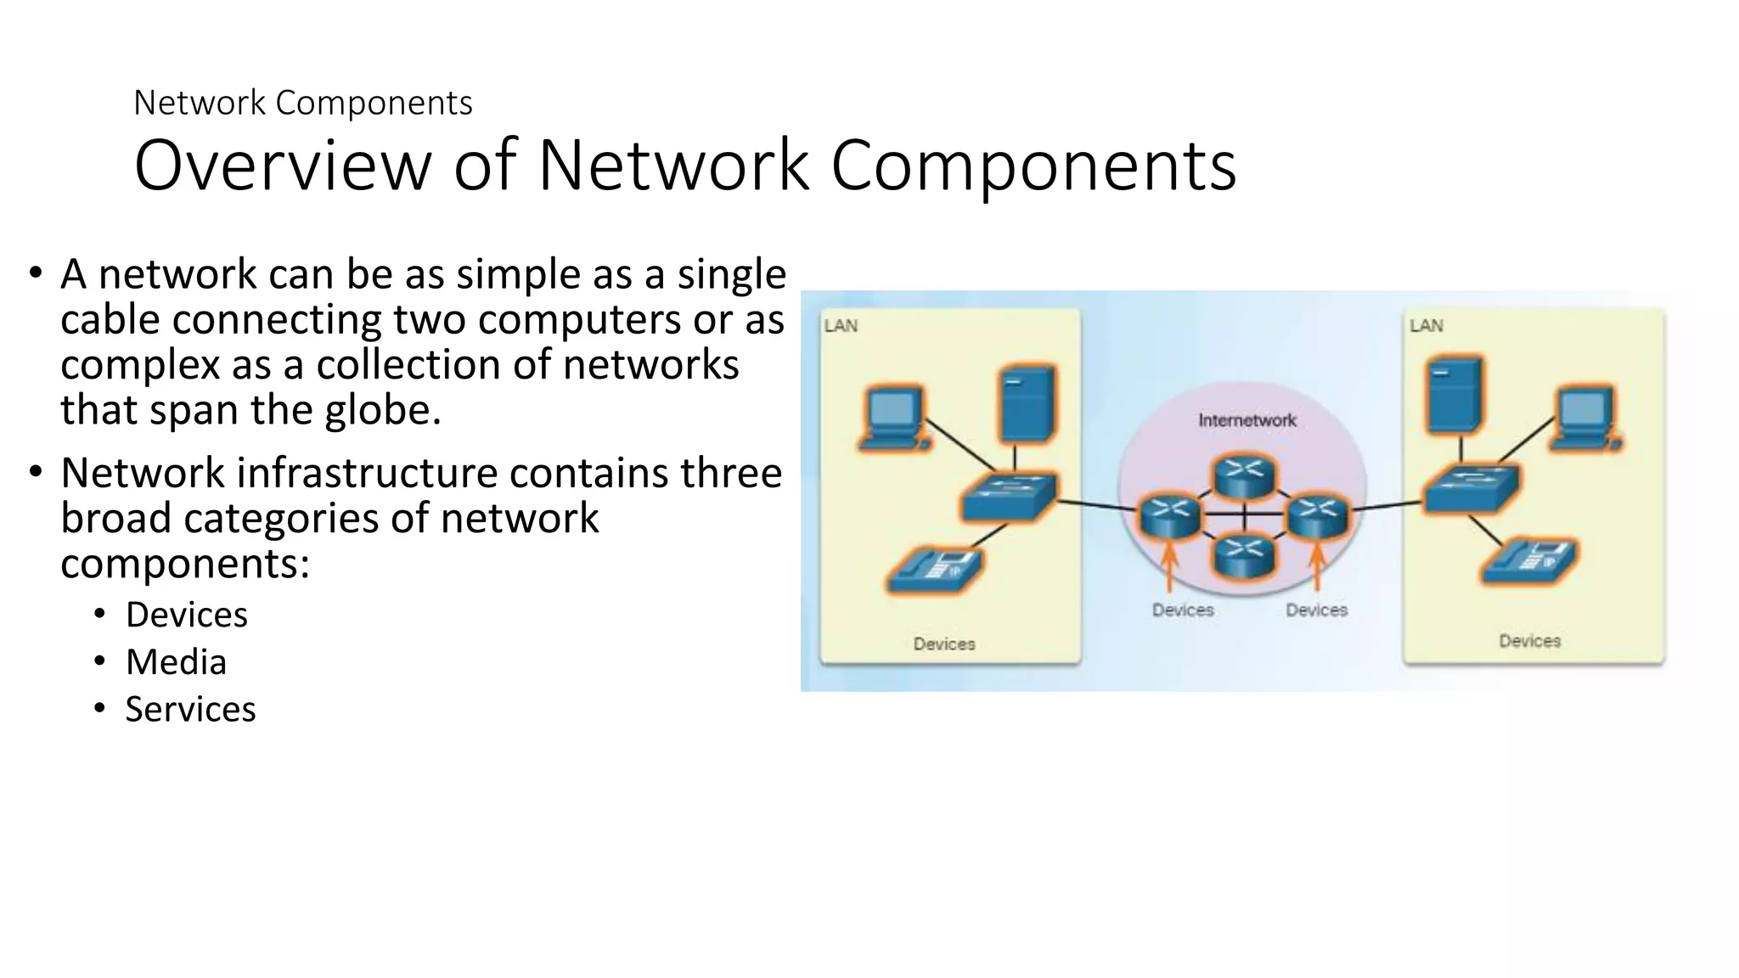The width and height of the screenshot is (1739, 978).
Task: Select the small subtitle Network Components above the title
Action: (302, 103)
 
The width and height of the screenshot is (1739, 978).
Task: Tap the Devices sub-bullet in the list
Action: (186, 615)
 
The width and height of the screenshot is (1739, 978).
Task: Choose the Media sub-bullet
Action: (176, 662)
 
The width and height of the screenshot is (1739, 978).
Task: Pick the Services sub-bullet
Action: (190, 710)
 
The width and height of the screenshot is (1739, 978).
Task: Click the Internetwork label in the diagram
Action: (1247, 420)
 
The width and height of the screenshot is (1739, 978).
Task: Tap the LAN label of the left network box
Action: (841, 326)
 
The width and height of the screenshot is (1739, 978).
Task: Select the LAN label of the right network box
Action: (1426, 326)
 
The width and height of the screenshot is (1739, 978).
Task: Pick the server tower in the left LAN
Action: (1027, 403)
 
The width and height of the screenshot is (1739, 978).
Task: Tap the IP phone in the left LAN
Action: (934, 569)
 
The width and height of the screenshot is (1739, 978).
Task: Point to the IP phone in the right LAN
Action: (1528, 561)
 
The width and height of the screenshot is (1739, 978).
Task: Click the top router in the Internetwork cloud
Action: (1244, 475)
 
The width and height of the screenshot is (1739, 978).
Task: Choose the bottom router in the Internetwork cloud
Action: (1244, 556)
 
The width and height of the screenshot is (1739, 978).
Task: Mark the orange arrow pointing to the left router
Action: (1169, 565)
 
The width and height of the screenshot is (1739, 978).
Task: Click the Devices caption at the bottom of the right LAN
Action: (1529, 641)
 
